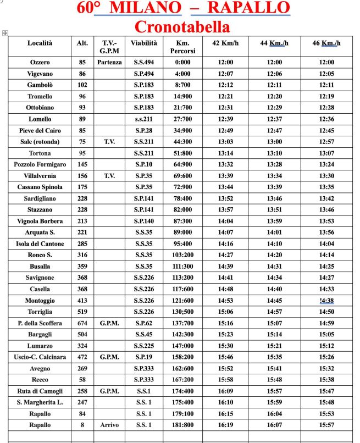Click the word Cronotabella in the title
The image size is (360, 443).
pos(182,26)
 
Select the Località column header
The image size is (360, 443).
pos(40,43)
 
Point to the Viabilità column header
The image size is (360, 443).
pos(144,43)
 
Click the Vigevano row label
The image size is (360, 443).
pos(40,74)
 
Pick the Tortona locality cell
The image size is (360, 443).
pos(40,153)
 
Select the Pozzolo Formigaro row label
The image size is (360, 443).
pos(40,164)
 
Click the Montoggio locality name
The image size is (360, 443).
pos(40,301)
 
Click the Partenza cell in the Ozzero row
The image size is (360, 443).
pos(109,62)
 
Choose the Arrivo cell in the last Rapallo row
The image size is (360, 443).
pos(109,425)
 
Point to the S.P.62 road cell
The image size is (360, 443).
pos(144,323)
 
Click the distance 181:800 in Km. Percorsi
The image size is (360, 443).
pos(183,425)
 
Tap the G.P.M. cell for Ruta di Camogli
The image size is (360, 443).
pos(109,391)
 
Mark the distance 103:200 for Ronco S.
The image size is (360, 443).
pos(183,255)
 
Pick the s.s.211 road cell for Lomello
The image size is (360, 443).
pos(144,119)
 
